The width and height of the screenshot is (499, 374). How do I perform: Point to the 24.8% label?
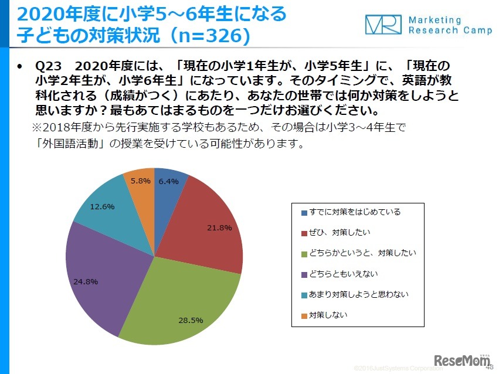tap(86, 281)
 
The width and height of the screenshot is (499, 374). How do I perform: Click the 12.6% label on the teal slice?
tap(102, 206)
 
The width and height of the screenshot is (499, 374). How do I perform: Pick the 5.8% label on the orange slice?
tap(140, 181)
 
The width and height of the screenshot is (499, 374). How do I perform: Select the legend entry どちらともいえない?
tap(343, 274)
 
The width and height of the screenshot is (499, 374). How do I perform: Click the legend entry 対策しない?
tap(328, 315)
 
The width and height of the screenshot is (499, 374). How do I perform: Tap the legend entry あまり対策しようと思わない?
tap(358, 294)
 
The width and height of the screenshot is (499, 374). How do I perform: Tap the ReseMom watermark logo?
tap(461, 359)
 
